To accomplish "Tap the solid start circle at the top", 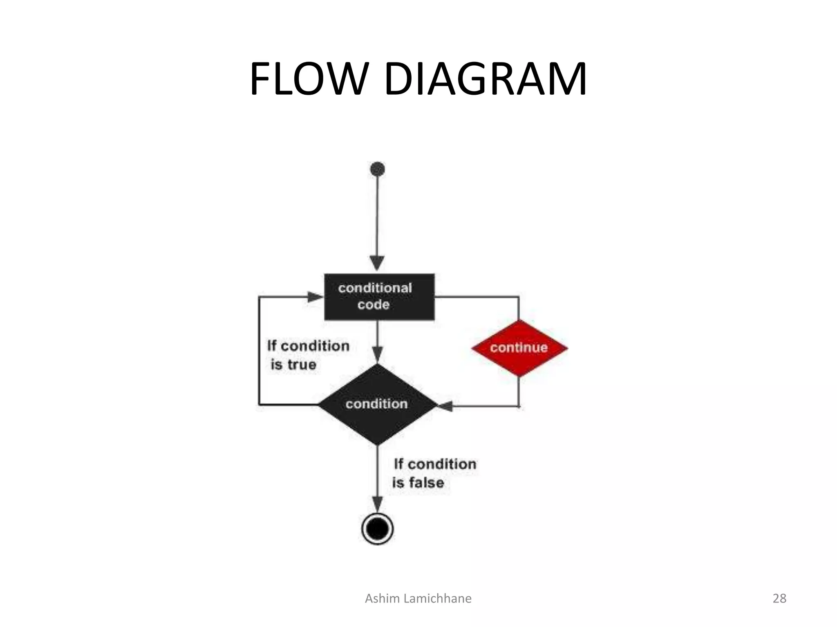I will pyautogui.click(x=377, y=169).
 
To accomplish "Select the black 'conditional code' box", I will pyautogui.click(x=379, y=297).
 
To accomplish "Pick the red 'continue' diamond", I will pyautogui.click(x=519, y=348).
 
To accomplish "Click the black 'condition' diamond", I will pyautogui.click(x=377, y=404).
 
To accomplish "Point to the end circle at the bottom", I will pyautogui.click(x=378, y=529).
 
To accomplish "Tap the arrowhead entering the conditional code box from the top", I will pyautogui.click(x=377, y=263).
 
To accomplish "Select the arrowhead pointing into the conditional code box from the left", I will pyautogui.click(x=315, y=297).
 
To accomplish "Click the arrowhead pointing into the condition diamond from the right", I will pyautogui.click(x=445, y=406).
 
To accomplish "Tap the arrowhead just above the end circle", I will pyautogui.click(x=378, y=503).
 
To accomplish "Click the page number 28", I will pyautogui.click(x=779, y=598).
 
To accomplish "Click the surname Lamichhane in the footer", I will pyautogui.click(x=437, y=598).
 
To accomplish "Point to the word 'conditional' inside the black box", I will pyautogui.click(x=375, y=288).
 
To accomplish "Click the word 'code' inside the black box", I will pyautogui.click(x=373, y=305).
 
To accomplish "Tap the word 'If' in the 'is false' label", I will pyautogui.click(x=398, y=464).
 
